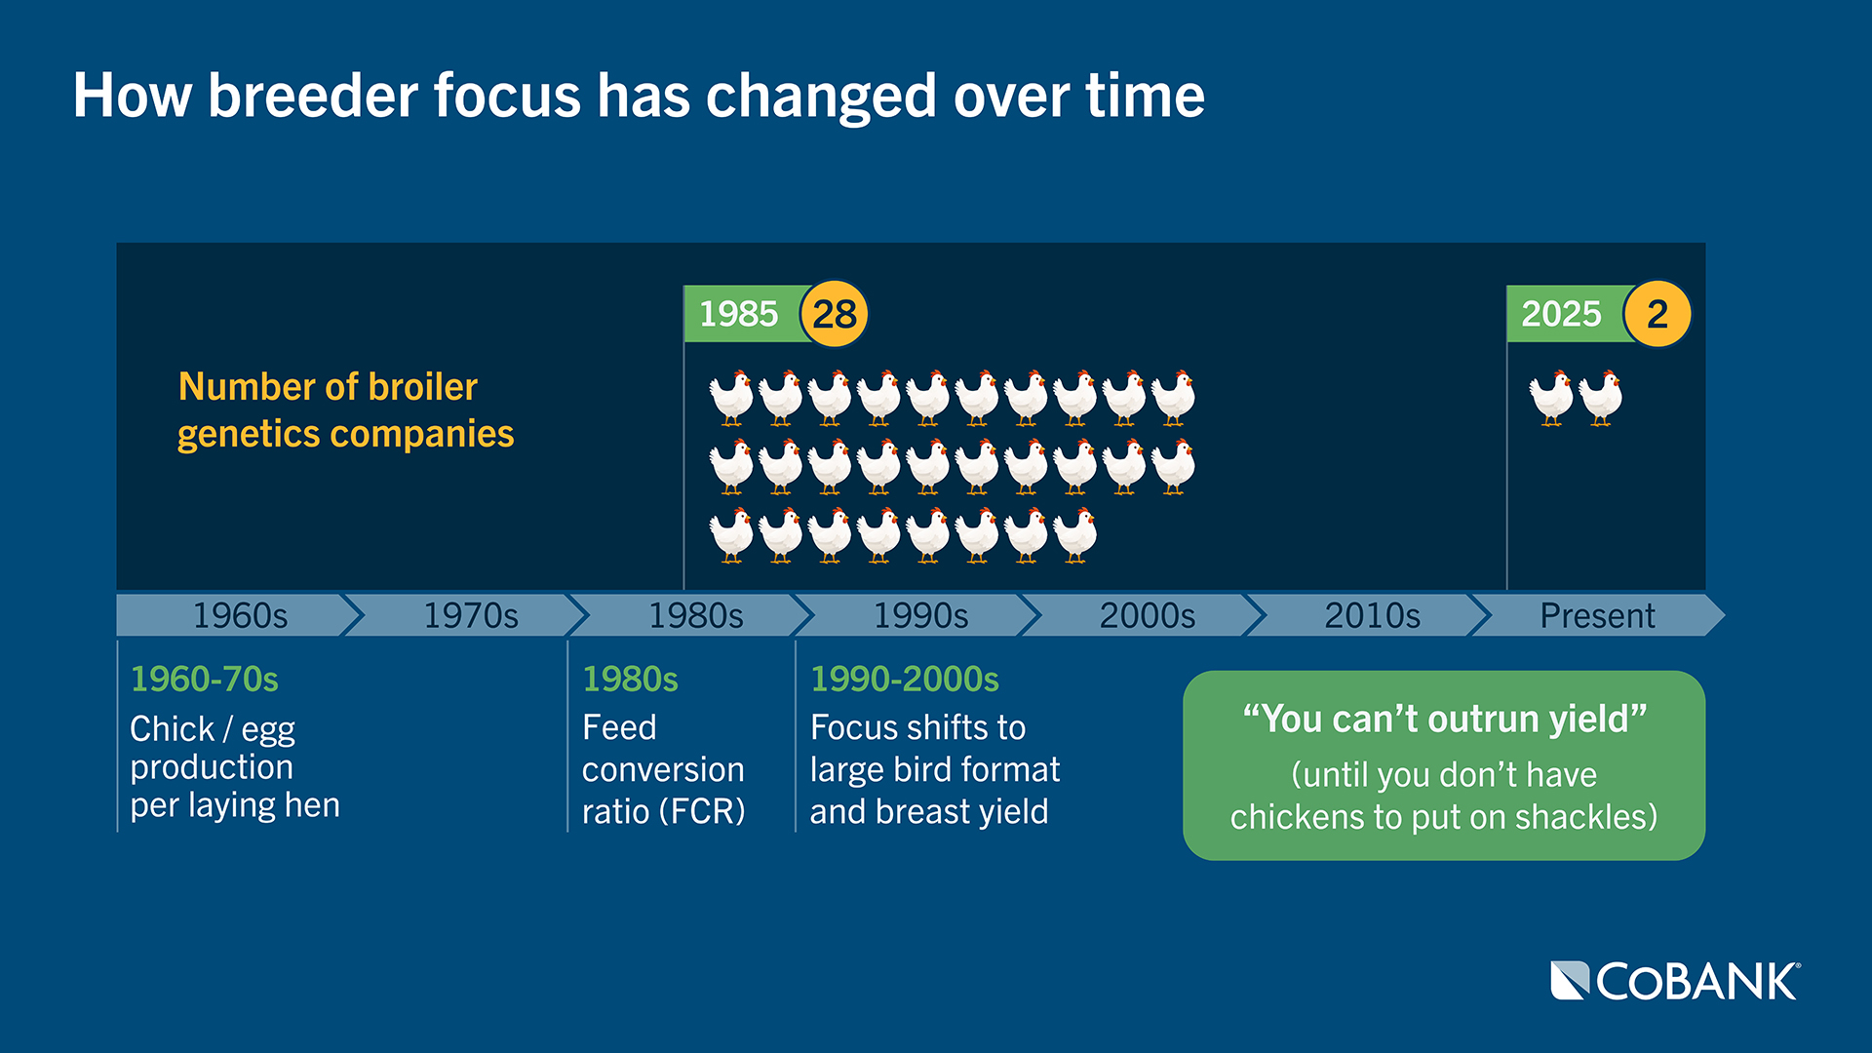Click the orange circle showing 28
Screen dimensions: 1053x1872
pyautogui.click(x=834, y=314)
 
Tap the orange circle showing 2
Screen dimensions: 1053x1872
pyautogui.click(x=1657, y=314)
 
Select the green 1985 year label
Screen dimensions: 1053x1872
pyautogui.click(x=739, y=314)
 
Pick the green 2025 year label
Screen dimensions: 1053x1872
pyautogui.click(x=1561, y=314)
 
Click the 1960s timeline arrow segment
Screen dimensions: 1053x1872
pyautogui.click(x=240, y=615)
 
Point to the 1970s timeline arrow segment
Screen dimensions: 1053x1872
pyautogui.click(x=470, y=615)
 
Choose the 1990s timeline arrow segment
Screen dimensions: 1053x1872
pyautogui.click(x=920, y=615)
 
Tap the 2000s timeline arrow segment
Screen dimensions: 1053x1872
pyautogui.click(x=1147, y=615)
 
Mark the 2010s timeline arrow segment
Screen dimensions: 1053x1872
pyautogui.click(x=1372, y=615)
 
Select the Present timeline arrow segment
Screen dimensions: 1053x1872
pyautogui.click(x=1597, y=615)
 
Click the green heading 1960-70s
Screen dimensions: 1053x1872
pyautogui.click(x=205, y=679)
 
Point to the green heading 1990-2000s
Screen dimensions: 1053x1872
pyautogui.click(x=905, y=679)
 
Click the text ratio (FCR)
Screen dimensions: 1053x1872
pyautogui.click(x=663, y=811)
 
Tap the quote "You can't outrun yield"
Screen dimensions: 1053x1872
pyautogui.click(x=1444, y=720)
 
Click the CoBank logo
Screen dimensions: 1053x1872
pyautogui.click(x=1675, y=981)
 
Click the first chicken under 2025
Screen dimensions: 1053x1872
pyautogui.click(x=1551, y=398)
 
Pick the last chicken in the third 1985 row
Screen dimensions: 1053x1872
pyautogui.click(x=1075, y=535)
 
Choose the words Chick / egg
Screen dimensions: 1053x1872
pyautogui.click(x=213, y=728)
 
